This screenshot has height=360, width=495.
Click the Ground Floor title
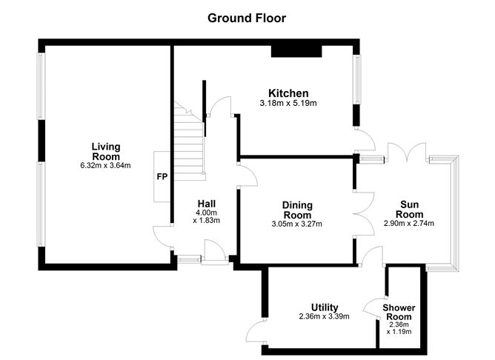(x=247, y=18)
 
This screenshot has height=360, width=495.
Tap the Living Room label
(x=106, y=151)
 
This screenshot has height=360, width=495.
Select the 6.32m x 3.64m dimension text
(x=105, y=165)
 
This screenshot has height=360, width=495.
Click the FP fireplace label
(x=162, y=177)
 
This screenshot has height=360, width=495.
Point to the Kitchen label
(x=288, y=93)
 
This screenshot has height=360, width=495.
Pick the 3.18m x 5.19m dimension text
(x=288, y=103)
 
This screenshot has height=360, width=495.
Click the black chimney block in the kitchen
(x=296, y=51)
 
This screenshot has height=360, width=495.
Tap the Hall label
(x=207, y=204)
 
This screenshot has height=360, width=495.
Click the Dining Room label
(x=297, y=210)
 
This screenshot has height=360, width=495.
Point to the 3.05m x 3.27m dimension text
(x=296, y=224)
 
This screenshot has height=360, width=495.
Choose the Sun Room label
(x=410, y=210)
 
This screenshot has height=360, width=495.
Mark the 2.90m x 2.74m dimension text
(x=409, y=224)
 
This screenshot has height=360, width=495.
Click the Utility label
(x=325, y=307)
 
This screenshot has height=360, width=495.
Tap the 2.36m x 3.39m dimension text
(x=325, y=316)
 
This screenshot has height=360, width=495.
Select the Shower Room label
(x=399, y=312)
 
